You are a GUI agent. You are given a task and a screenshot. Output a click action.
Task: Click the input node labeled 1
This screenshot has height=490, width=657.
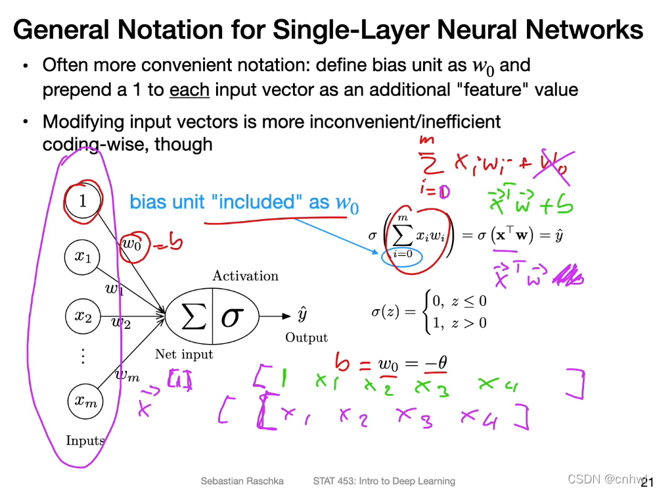tap(83, 200)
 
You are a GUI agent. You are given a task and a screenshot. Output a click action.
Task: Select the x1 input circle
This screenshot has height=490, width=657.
tap(83, 257)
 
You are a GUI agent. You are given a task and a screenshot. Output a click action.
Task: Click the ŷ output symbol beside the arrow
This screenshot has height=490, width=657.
tap(302, 314)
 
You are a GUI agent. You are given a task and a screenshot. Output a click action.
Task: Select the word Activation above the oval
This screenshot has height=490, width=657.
tap(245, 276)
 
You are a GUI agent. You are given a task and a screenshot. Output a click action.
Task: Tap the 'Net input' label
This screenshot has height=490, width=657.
tap(184, 355)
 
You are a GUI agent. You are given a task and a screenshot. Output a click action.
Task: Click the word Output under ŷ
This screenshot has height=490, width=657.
tap(306, 338)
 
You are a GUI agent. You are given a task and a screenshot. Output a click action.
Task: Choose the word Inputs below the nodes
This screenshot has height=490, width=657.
tap(85, 441)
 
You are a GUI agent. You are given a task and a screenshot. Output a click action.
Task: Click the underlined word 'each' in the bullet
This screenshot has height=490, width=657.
tap(189, 89)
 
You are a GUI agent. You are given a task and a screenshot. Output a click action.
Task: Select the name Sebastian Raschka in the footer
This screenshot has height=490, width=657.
tap(242, 481)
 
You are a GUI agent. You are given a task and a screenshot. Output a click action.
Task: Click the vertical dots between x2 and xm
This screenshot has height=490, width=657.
tap(83, 356)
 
